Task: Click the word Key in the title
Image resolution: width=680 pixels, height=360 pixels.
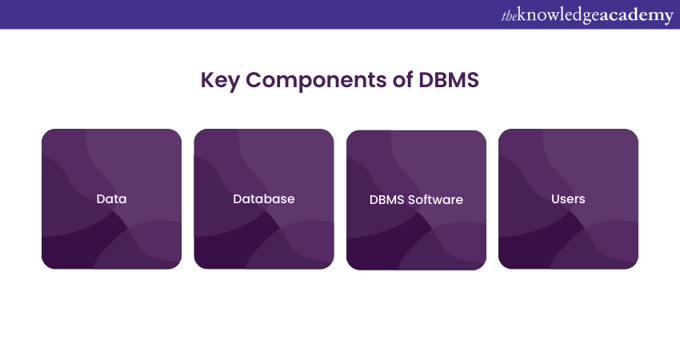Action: [218, 82]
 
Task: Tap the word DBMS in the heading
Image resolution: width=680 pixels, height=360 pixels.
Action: [449, 82]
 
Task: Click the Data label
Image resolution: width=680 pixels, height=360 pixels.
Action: [111, 198]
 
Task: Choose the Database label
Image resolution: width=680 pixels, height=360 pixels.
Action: [264, 198]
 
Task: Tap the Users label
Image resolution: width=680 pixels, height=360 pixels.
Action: [568, 198]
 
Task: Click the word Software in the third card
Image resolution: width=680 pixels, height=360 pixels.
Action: [436, 199]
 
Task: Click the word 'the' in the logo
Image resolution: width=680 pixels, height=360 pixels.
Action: [510, 15]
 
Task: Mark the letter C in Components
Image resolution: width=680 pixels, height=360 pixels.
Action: [252, 82]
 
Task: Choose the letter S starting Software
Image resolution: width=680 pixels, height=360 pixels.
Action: [413, 199]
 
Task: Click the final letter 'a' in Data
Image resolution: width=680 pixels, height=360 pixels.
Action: [122, 198]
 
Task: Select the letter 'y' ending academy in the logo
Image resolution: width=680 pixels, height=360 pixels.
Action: [668, 17]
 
